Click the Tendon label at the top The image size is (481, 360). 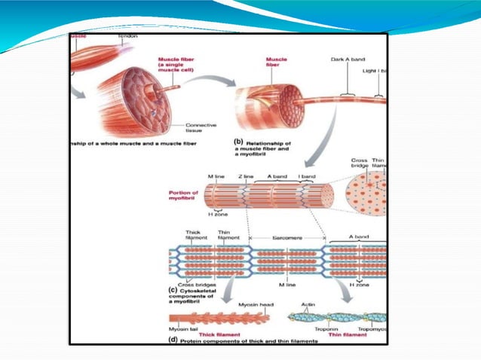tap(127, 38)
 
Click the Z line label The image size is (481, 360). tap(246, 177)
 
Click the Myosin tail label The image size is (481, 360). tap(184, 329)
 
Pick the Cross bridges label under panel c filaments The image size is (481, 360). tap(195, 285)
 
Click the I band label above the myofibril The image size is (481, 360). tap(308, 177)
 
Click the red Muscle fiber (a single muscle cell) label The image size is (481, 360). tap(178, 66)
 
